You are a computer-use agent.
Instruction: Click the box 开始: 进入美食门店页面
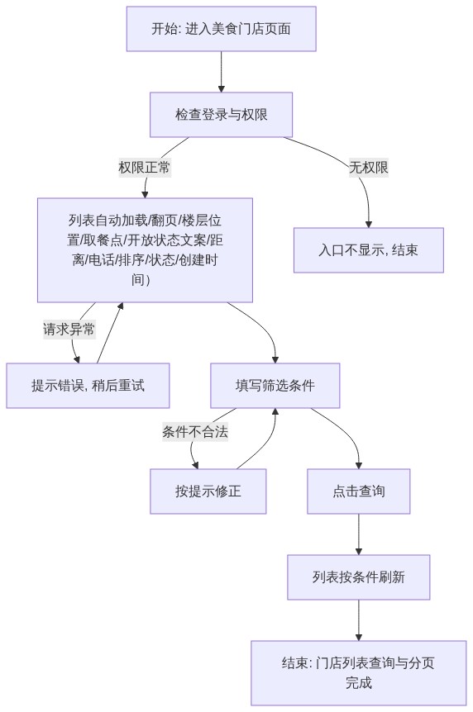(221, 29)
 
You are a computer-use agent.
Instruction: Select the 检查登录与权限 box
(221, 115)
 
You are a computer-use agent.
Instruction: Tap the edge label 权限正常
(145, 167)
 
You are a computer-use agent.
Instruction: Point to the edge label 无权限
(369, 167)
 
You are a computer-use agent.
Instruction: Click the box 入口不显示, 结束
(369, 250)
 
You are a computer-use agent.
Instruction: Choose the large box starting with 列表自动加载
(145, 250)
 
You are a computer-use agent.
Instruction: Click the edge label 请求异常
(69, 329)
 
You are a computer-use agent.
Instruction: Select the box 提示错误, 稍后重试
(88, 386)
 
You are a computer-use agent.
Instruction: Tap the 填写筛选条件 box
(275, 386)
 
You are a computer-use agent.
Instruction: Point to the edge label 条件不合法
(195, 431)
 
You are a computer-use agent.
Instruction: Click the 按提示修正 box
(208, 491)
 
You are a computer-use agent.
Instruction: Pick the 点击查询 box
(358, 491)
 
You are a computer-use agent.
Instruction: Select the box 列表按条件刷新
(358, 577)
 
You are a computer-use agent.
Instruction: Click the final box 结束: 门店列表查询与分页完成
(358, 673)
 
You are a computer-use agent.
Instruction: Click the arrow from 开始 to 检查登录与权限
(222, 72)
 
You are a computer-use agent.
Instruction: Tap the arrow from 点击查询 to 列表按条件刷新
(358, 534)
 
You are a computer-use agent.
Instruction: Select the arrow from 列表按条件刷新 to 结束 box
(358, 619)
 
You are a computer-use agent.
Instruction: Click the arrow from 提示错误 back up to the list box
(109, 333)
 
